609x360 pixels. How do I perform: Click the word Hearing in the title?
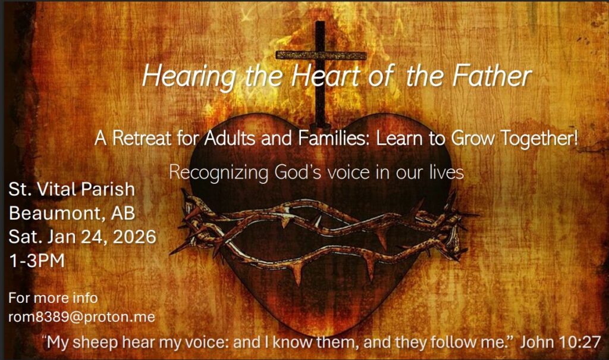tap(189, 77)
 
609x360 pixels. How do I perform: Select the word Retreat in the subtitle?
tap(142, 138)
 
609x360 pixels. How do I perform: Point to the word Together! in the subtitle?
tap(539, 138)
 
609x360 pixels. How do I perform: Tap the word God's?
tap(297, 172)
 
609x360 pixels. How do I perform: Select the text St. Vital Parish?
tap(72, 189)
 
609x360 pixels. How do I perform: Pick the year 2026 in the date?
tap(134, 237)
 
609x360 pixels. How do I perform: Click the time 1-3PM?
tap(37, 261)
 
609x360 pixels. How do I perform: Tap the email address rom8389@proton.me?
tap(82, 317)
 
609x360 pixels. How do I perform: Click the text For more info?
tap(53, 298)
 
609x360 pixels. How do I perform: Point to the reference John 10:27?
tap(560, 342)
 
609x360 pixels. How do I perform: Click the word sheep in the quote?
tap(95, 343)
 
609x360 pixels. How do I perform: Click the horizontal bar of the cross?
tap(321, 55)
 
